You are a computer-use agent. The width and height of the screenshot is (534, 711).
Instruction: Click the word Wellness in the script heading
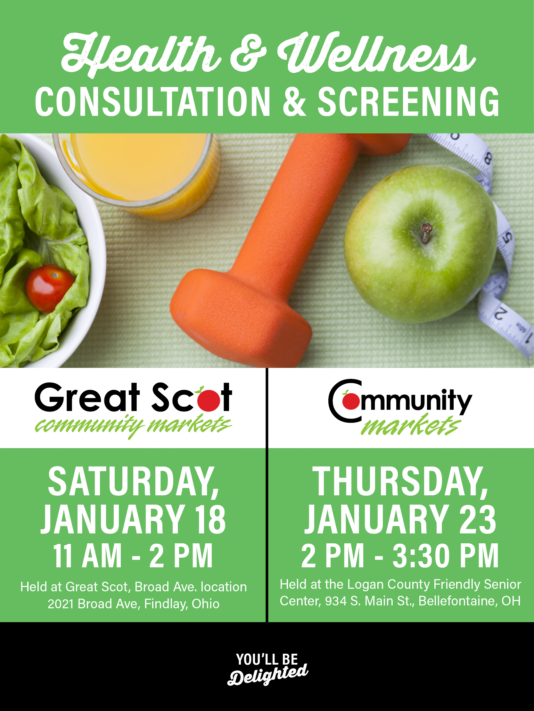point(376,53)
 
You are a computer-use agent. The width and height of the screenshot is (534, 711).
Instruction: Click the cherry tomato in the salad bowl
point(50,288)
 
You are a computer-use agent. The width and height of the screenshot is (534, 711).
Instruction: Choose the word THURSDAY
point(400,482)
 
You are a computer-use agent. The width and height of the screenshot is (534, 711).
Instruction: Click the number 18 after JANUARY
point(210,519)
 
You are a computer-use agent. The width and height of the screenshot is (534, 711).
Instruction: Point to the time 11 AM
point(87,556)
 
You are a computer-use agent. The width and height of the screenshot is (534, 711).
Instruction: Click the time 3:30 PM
point(446,556)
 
